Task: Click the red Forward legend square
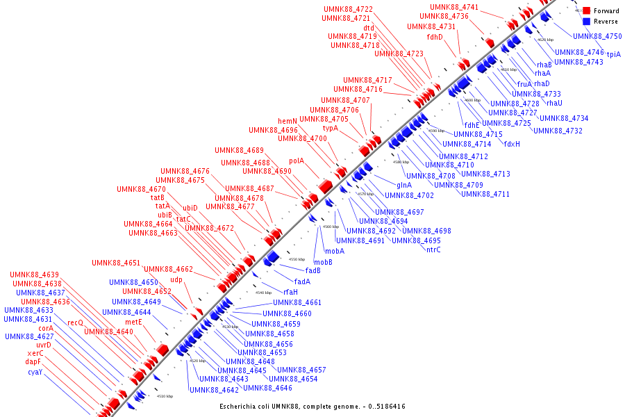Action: point(587,11)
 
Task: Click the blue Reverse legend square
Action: point(587,22)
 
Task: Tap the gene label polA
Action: point(297,161)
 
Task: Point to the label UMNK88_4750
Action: point(597,36)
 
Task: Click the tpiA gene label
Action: point(614,54)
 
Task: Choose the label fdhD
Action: point(435,37)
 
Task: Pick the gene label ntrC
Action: point(433,250)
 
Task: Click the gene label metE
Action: point(133,322)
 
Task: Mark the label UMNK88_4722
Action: point(348,9)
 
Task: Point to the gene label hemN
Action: point(287,121)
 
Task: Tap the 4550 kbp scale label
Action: point(297,259)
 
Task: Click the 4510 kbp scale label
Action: point(165,396)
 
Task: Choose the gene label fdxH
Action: point(512,144)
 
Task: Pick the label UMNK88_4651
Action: point(116,263)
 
